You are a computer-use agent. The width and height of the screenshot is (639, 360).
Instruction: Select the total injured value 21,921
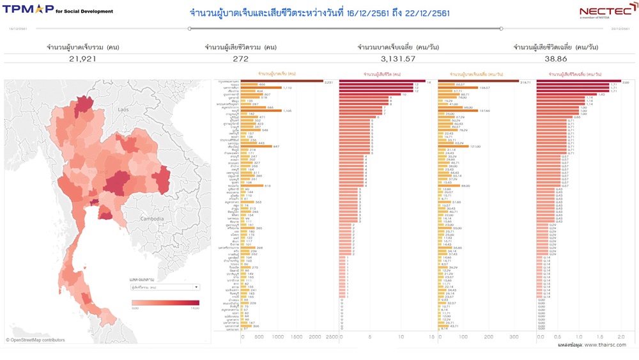(x=83, y=59)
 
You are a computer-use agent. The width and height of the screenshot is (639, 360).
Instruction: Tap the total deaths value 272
(x=240, y=59)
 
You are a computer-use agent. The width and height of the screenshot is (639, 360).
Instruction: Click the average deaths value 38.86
(x=556, y=59)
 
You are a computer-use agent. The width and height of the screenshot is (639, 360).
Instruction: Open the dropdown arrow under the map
(x=196, y=288)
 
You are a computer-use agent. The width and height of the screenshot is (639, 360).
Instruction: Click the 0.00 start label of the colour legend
(x=135, y=309)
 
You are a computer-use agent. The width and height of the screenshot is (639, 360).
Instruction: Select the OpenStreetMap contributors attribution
(x=35, y=340)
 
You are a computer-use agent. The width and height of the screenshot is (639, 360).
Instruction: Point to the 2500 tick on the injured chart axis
(x=331, y=337)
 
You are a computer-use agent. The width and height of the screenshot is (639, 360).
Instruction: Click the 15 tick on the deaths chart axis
(x=431, y=337)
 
